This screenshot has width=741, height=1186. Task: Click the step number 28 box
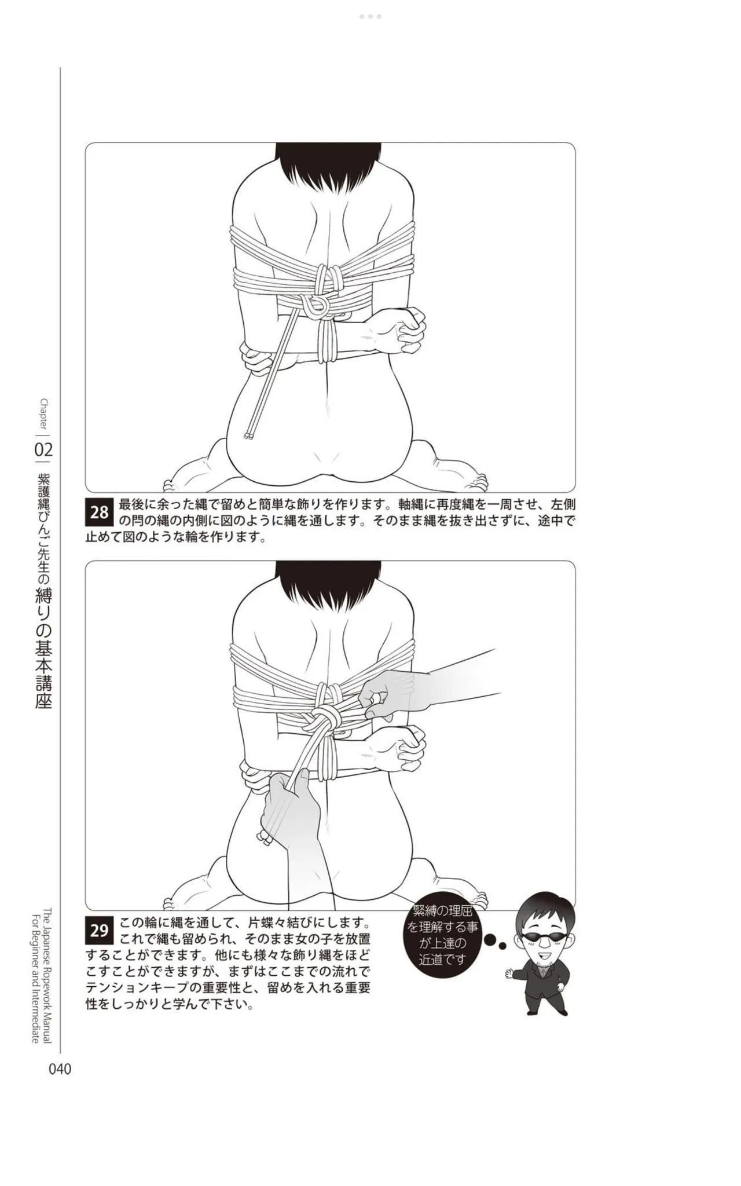[x=100, y=512]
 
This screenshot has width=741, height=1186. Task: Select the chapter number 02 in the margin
[x=44, y=449]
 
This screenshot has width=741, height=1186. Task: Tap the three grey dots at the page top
[x=370, y=16]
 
